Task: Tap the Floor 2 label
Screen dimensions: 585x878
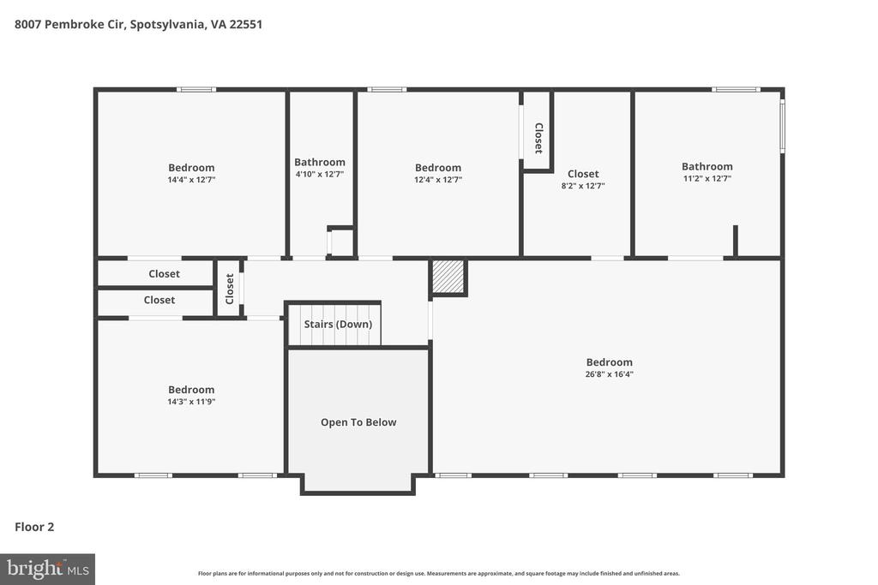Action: [x=34, y=527]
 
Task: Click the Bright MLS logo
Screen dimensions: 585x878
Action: [x=47, y=569]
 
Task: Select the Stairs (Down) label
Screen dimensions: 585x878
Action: [x=338, y=325]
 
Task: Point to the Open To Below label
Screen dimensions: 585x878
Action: [x=358, y=422]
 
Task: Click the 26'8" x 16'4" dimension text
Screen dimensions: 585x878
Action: [x=610, y=374]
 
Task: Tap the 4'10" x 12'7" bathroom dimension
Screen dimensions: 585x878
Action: [x=320, y=174]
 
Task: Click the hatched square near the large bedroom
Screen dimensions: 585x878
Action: [x=448, y=277]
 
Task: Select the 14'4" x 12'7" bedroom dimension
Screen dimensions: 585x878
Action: [x=191, y=180]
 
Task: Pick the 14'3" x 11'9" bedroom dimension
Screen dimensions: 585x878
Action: [x=191, y=401]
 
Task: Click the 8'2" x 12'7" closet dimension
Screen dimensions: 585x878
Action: [x=582, y=186]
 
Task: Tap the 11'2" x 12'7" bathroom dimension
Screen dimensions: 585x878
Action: [x=707, y=178]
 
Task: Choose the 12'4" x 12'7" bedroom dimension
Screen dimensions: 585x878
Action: [x=438, y=180]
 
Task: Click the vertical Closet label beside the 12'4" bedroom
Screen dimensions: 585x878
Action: [x=538, y=138]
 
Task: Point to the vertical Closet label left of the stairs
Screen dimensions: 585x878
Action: [x=229, y=289]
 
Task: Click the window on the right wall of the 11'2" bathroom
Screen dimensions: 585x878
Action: [x=782, y=127]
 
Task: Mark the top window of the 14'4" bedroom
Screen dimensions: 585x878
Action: [x=196, y=89]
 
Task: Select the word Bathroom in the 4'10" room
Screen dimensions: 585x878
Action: [x=320, y=162]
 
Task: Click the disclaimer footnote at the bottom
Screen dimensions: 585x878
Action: [x=438, y=574]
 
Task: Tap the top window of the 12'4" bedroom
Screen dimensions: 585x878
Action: [x=387, y=89]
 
